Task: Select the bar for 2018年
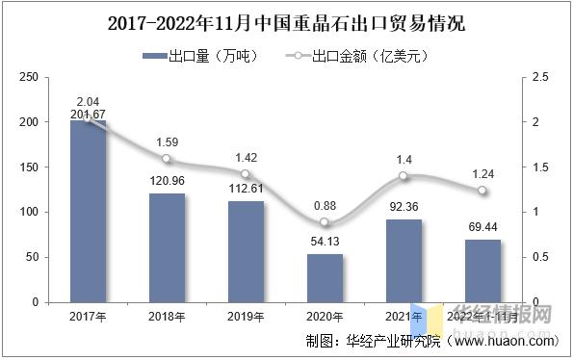(x=167, y=247)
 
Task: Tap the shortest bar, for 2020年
(x=325, y=277)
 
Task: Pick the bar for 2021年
(x=404, y=260)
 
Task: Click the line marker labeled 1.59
(x=167, y=159)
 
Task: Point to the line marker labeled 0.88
(x=325, y=222)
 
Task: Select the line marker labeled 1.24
(x=482, y=191)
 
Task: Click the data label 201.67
(x=88, y=115)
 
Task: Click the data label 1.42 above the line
(x=246, y=157)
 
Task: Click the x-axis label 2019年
(x=246, y=316)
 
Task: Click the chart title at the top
(x=286, y=22)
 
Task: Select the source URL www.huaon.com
(x=505, y=341)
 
